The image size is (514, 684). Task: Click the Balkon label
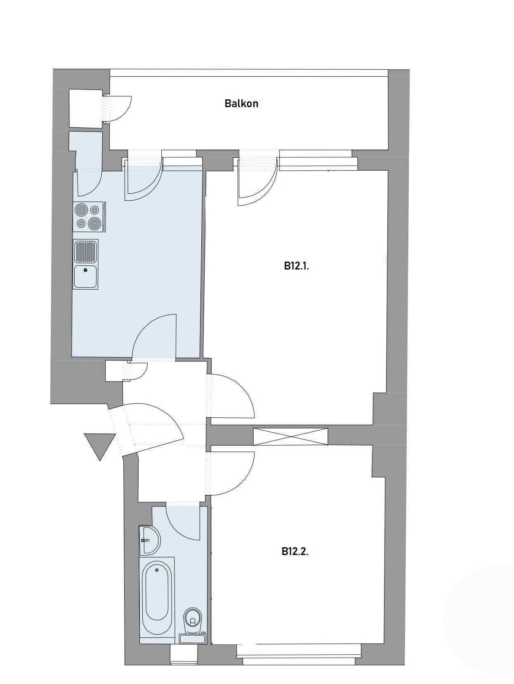(x=241, y=103)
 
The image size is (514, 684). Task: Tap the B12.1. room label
(x=296, y=266)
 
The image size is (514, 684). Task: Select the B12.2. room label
(x=295, y=552)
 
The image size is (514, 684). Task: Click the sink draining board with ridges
(x=85, y=252)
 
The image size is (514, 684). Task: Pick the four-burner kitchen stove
(x=89, y=217)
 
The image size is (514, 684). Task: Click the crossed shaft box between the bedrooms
(x=290, y=437)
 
